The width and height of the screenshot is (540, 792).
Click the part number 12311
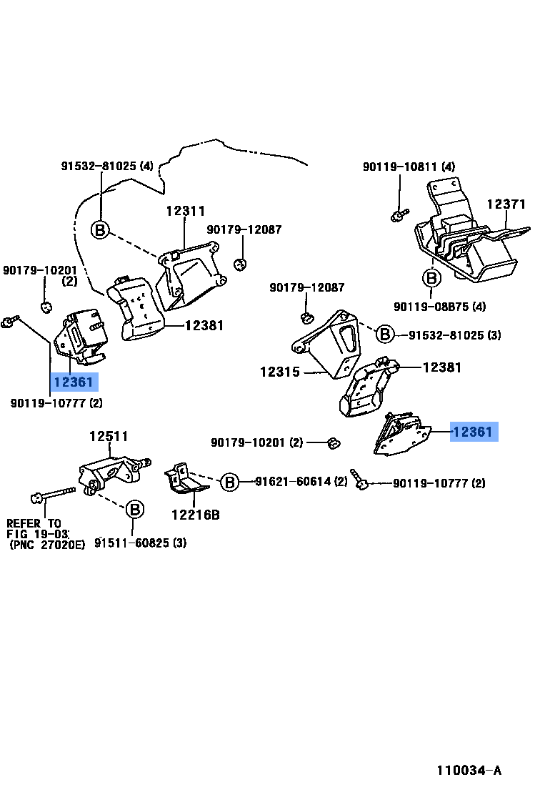[186, 212]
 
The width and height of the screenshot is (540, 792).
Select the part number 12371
[506, 204]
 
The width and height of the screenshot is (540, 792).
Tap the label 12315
[280, 372]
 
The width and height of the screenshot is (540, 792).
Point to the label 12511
[109, 436]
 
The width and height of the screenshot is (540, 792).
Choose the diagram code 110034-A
[469, 770]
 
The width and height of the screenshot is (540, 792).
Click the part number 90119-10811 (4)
[409, 167]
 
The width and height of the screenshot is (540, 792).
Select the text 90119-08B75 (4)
[439, 307]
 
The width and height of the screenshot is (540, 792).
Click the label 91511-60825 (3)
[141, 543]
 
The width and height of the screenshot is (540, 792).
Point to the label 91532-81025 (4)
[106, 167]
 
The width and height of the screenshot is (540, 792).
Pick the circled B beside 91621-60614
[229, 482]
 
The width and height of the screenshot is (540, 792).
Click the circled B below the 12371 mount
[431, 277]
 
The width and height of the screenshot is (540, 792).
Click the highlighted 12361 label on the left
[73, 382]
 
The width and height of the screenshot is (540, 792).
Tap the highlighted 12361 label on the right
[472, 432]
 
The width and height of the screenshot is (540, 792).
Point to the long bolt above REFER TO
[53, 494]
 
